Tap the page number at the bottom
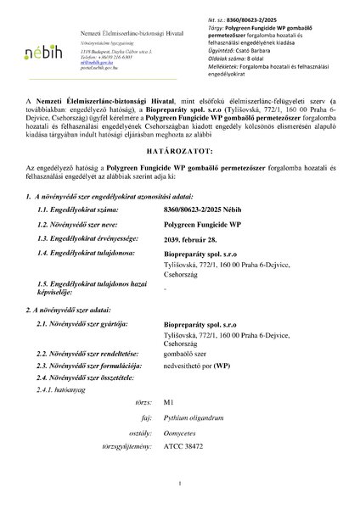(x=181, y=483)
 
